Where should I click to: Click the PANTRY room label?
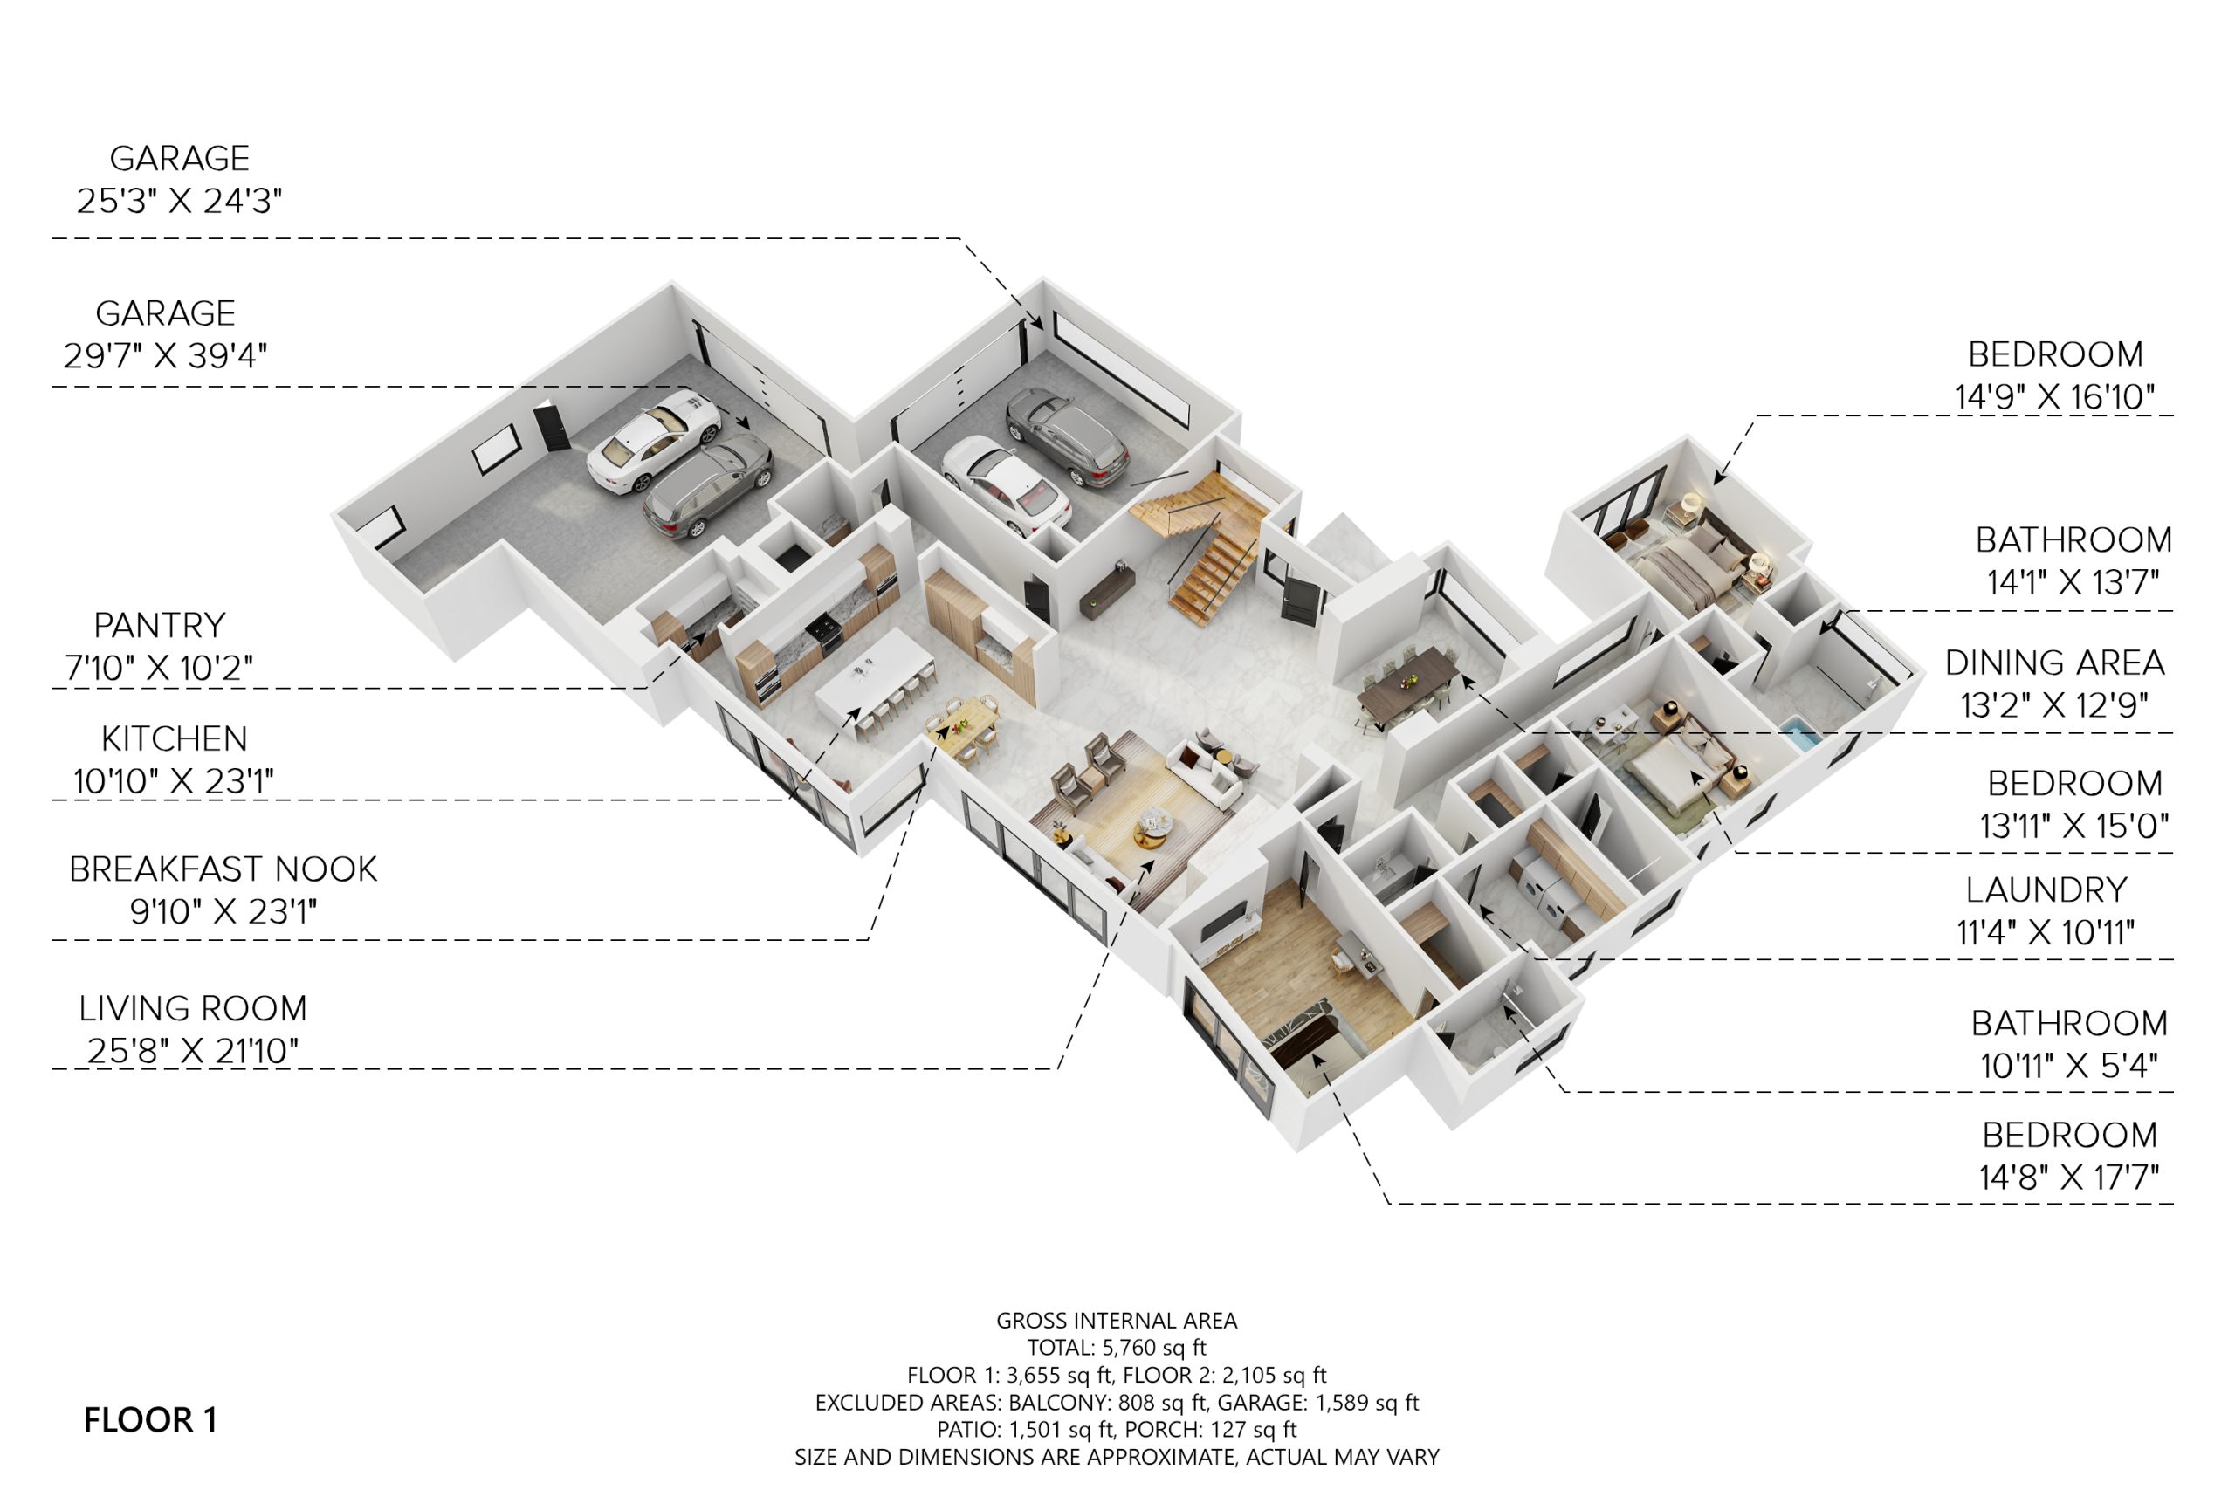point(160,625)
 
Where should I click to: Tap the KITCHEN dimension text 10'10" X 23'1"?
point(174,781)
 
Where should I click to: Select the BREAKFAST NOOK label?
point(223,869)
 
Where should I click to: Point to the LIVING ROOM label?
point(193,1008)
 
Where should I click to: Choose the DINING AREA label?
point(2054,663)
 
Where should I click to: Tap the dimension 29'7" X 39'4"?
point(165,355)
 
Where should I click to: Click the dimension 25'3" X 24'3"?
point(180,201)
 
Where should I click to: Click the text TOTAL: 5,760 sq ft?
point(1117,1347)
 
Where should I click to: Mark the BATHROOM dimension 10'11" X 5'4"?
point(2069,1065)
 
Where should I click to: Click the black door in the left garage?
point(552,428)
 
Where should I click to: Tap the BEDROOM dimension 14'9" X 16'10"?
point(2054,396)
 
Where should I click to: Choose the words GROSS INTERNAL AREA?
point(1117,1320)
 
